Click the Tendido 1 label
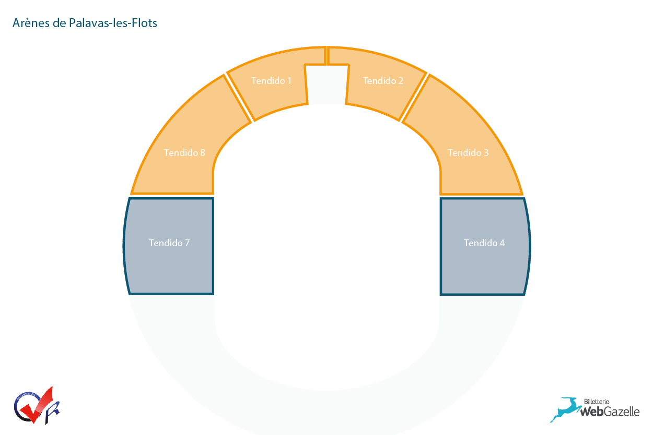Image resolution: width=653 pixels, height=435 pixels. [271, 81]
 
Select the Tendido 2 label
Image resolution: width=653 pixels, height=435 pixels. [383, 81]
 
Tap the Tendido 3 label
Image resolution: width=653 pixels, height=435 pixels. [468, 153]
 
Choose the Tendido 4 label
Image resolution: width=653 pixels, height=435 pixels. [484, 243]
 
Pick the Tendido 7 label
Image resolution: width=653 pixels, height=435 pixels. [169, 243]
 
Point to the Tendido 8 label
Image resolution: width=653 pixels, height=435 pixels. [184, 153]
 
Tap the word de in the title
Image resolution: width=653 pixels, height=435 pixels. [59, 23]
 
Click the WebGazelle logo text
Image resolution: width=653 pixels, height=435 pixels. [610, 412]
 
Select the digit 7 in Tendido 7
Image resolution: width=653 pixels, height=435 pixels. [187, 243]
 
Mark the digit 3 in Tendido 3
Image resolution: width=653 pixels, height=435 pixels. [486, 153]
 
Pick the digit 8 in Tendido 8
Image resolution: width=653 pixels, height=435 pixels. [202, 153]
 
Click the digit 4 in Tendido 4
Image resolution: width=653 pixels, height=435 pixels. [502, 243]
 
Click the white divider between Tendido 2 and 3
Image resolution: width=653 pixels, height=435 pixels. [414, 98]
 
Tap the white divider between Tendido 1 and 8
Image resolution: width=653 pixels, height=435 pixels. [239, 98]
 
